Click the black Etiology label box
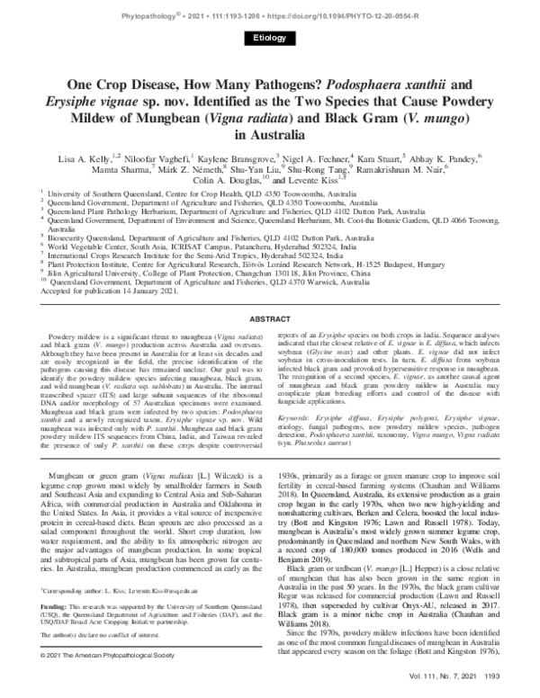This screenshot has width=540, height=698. click(x=269, y=37)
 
